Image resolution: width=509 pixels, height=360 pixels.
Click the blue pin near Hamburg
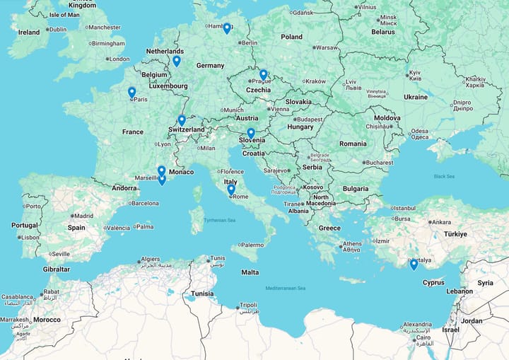(x=227, y=28)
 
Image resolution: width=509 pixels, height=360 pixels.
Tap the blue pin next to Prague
(x=263, y=74)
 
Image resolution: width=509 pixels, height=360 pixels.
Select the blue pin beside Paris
(x=131, y=92)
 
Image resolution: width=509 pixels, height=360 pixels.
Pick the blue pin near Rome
(x=231, y=190)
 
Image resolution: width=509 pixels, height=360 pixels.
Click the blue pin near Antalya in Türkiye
(x=414, y=265)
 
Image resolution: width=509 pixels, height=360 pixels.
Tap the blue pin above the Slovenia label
(x=251, y=133)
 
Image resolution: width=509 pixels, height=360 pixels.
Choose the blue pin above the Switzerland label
(x=182, y=120)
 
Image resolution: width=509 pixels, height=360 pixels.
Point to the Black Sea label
(x=444, y=176)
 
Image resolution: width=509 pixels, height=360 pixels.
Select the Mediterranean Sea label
(x=285, y=288)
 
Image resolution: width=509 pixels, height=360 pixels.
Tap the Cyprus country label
(x=433, y=282)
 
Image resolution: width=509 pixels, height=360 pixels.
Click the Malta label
(x=250, y=272)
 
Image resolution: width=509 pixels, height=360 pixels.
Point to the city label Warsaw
(x=327, y=47)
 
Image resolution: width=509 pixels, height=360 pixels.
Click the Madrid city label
(x=83, y=216)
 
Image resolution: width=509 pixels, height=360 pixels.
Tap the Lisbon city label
(x=30, y=237)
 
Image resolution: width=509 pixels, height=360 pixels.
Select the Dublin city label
(x=57, y=29)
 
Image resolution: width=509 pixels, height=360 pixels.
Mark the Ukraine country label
(x=416, y=97)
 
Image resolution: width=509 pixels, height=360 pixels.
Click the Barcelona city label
(x=145, y=203)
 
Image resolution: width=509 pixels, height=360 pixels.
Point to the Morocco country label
(x=47, y=320)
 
